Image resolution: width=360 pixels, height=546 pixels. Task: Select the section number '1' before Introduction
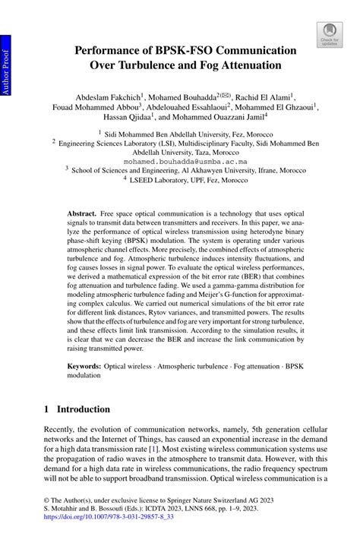[47, 409]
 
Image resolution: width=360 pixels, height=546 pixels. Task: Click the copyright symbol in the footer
[46, 501]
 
